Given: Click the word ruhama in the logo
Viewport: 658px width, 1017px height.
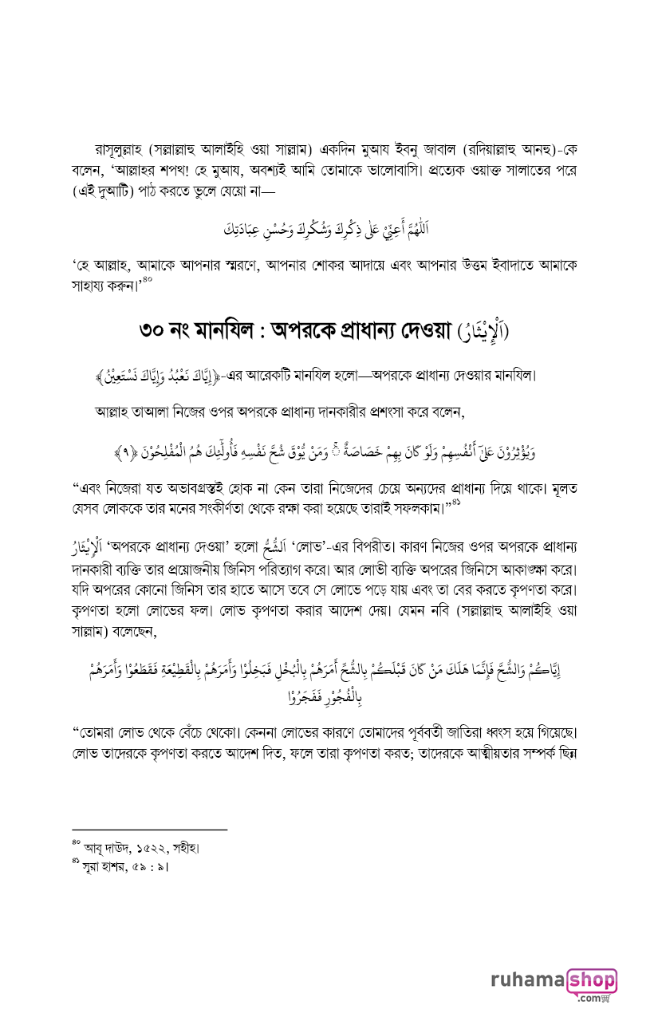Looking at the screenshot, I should click(527, 980).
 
